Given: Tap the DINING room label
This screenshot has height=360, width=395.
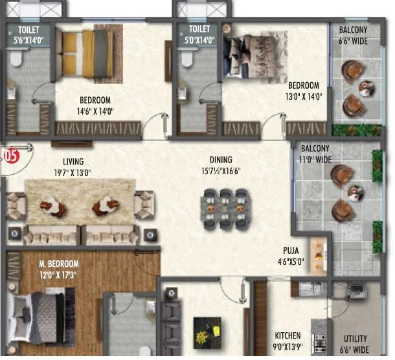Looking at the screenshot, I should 221,159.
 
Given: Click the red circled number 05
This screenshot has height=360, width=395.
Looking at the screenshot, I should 10,155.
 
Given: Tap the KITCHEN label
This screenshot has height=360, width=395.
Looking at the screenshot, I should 288,335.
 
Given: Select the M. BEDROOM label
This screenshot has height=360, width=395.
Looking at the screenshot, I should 58,264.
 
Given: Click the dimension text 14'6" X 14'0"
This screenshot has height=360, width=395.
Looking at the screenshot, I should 95,110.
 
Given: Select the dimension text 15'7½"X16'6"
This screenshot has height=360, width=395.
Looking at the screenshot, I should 221,170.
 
